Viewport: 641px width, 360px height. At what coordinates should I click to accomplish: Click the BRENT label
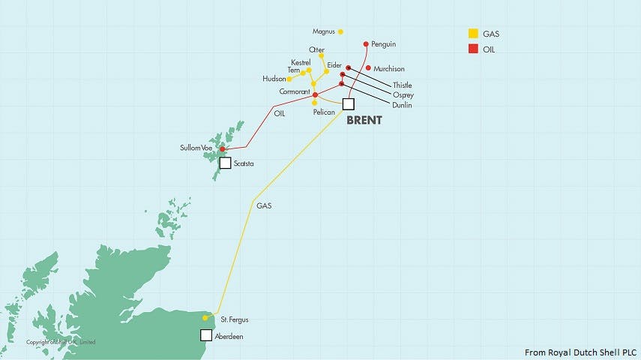pyautogui.click(x=364, y=120)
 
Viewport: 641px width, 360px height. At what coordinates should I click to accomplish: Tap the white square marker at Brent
pyautogui.click(x=348, y=103)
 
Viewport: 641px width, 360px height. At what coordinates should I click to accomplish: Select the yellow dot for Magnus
pyautogui.click(x=340, y=31)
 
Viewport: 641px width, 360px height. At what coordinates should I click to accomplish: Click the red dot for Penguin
pyautogui.click(x=365, y=44)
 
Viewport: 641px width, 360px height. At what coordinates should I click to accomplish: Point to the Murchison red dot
pyautogui.click(x=368, y=67)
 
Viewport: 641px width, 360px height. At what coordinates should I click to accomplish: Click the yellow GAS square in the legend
pyautogui.click(x=472, y=34)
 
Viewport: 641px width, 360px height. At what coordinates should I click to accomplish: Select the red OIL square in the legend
pyautogui.click(x=472, y=49)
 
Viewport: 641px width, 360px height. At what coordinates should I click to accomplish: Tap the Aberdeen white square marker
pyautogui.click(x=206, y=335)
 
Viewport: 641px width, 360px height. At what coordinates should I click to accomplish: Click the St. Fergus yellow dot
pyautogui.click(x=205, y=318)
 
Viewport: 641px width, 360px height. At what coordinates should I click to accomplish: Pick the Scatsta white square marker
pyautogui.click(x=225, y=163)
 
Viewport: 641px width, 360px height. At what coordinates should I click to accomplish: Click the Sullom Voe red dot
pyautogui.click(x=222, y=149)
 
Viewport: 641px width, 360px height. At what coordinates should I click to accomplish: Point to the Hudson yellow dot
pyautogui.click(x=289, y=79)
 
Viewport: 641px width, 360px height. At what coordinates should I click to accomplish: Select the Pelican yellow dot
pyautogui.click(x=315, y=103)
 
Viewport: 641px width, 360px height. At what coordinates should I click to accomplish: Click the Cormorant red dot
pyautogui.click(x=315, y=94)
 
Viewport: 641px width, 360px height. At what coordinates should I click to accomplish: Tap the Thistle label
pyautogui.click(x=403, y=85)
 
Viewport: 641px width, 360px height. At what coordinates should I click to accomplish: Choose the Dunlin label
pyautogui.click(x=402, y=106)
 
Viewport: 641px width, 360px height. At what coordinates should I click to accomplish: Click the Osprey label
pyautogui.click(x=403, y=95)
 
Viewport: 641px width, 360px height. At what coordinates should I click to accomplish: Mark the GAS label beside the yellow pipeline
pyautogui.click(x=264, y=205)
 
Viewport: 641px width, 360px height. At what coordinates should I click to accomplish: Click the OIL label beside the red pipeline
pyautogui.click(x=280, y=114)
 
